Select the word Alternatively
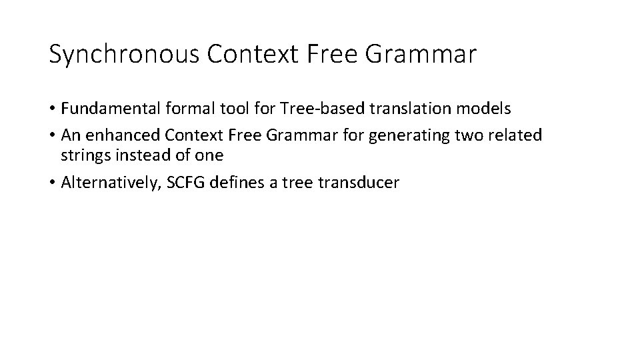coord(109,183)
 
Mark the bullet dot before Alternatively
coord(53,183)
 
